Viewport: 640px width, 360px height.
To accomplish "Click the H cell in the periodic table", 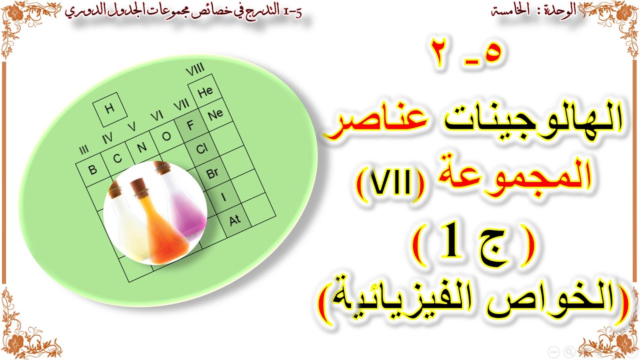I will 109,109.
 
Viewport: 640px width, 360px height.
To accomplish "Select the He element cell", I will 205,91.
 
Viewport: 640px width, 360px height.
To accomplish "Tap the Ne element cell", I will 215,114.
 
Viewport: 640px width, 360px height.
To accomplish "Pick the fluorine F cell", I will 190,125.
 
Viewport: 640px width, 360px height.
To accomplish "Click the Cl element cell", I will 201,149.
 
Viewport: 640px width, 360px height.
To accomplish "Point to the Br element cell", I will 212,173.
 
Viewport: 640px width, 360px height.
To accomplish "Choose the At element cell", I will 234,219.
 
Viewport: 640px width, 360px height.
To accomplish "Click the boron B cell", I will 92,169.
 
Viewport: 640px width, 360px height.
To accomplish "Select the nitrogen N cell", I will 141,147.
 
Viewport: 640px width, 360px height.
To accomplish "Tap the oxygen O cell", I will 166,136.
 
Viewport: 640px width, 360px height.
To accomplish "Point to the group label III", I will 83,150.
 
